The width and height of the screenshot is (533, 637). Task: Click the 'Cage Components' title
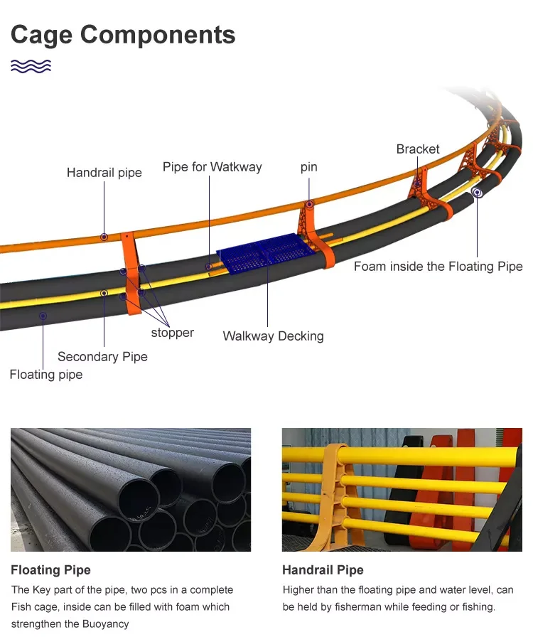pyautogui.click(x=122, y=34)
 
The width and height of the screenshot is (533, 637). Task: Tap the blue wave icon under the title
pyautogui.click(x=31, y=66)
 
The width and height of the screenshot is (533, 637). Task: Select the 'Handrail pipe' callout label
pyautogui.click(x=104, y=173)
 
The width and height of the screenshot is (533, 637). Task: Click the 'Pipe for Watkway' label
pyautogui.click(x=212, y=168)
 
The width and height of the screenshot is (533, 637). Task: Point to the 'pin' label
pyautogui.click(x=308, y=168)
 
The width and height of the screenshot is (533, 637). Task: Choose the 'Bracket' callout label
pyautogui.click(x=418, y=149)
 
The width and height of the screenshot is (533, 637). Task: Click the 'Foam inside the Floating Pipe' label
pyautogui.click(x=438, y=267)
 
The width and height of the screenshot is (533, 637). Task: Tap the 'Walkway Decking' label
pyautogui.click(x=273, y=336)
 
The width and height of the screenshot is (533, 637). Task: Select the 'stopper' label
pyautogui.click(x=172, y=333)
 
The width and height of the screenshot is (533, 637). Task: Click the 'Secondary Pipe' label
pyautogui.click(x=102, y=357)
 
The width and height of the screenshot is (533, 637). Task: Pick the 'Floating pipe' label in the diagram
pyautogui.click(x=46, y=375)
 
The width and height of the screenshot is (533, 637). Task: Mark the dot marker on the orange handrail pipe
pyautogui.click(x=104, y=237)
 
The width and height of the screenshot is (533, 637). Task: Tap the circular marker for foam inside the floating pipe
pyautogui.click(x=478, y=192)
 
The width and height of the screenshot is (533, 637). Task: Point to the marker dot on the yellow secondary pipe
pyautogui.click(x=104, y=293)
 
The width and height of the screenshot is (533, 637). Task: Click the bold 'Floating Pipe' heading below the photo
pyautogui.click(x=50, y=570)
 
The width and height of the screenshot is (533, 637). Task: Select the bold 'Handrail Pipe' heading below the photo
pyautogui.click(x=323, y=570)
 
